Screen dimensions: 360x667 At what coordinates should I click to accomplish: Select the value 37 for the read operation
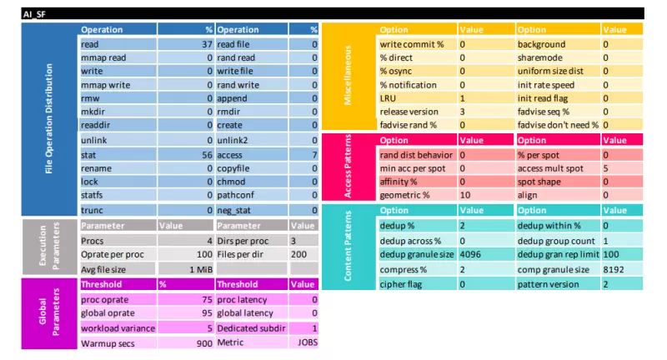tap(207, 43)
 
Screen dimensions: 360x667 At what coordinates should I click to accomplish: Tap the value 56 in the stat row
tap(207, 155)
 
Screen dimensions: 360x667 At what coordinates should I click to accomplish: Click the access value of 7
tap(313, 155)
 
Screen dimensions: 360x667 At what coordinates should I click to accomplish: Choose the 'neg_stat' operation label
tap(235, 211)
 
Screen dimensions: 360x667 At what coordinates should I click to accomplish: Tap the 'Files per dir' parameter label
tap(243, 254)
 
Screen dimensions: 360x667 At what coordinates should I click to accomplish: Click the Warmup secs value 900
tap(204, 342)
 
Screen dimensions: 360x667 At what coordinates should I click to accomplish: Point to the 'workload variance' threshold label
tap(118, 327)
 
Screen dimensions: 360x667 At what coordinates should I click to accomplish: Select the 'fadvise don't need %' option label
tap(558, 125)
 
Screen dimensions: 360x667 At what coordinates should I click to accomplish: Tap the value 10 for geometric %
tap(464, 194)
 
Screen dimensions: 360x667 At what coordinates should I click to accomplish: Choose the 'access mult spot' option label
tap(553, 167)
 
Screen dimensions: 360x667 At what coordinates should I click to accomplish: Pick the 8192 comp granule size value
tap(614, 269)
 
